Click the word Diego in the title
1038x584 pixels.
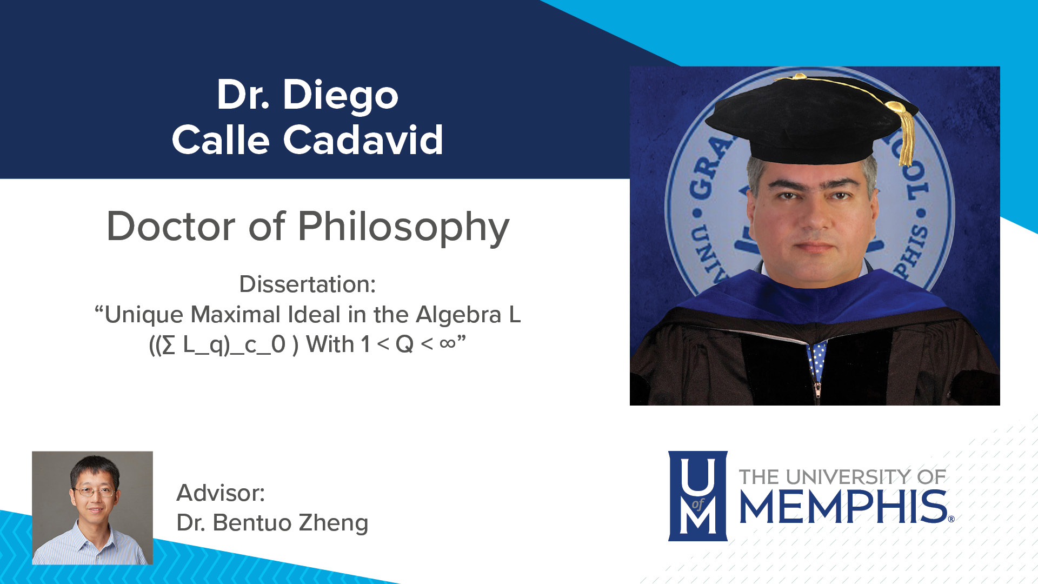pyautogui.click(x=341, y=95)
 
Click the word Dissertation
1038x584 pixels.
pyautogui.click(x=307, y=284)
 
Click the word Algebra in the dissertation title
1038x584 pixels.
pyautogui.click(x=458, y=315)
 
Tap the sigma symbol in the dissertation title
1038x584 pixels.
pyautogui.click(x=169, y=345)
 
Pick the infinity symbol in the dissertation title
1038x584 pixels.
pyautogui.click(x=447, y=343)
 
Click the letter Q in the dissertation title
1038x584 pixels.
pyautogui.click(x=404, y=344)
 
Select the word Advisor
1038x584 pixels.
pyautogui.click(x=221, y=493)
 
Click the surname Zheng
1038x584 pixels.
pyautogui.click(x=333, y=523)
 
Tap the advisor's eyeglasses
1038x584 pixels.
pyautogui.click(x=94, y=492)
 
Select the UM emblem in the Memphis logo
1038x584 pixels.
pyautogui.click(x=697, y=496)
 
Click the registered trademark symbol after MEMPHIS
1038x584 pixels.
pyautogui.click(x=951, y=519)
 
